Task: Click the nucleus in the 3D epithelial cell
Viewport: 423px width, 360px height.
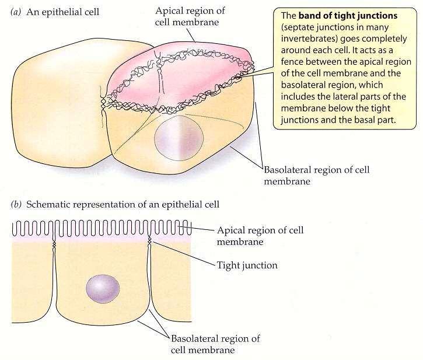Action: pos(179,138)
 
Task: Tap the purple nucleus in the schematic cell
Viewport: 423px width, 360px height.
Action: pos(103,289)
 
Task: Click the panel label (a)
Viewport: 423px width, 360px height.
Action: pos(16,12)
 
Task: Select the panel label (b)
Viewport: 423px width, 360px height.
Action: pos(16,205)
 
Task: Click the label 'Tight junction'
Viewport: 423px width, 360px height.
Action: pos(247,265)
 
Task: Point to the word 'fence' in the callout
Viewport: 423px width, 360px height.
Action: pos(292,62)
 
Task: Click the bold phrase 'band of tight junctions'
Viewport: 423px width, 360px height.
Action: pos(348,16)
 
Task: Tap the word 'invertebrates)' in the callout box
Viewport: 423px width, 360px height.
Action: pos(309,39)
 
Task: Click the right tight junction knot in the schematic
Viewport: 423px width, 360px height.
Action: pos(149,240)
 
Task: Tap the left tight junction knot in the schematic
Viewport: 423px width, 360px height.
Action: pos(54,244)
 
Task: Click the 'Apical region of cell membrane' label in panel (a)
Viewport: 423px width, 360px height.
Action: pos(190,16)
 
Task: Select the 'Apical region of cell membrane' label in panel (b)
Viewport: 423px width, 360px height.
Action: pos(260,236)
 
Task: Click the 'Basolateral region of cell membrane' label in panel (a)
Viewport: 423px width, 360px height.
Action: pos(316,176)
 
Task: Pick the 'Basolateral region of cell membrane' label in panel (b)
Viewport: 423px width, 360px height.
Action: pos(215,344)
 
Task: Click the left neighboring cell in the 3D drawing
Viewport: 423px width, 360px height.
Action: pos(62,103)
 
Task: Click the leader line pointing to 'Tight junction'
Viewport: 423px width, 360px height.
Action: pos(183,253)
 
